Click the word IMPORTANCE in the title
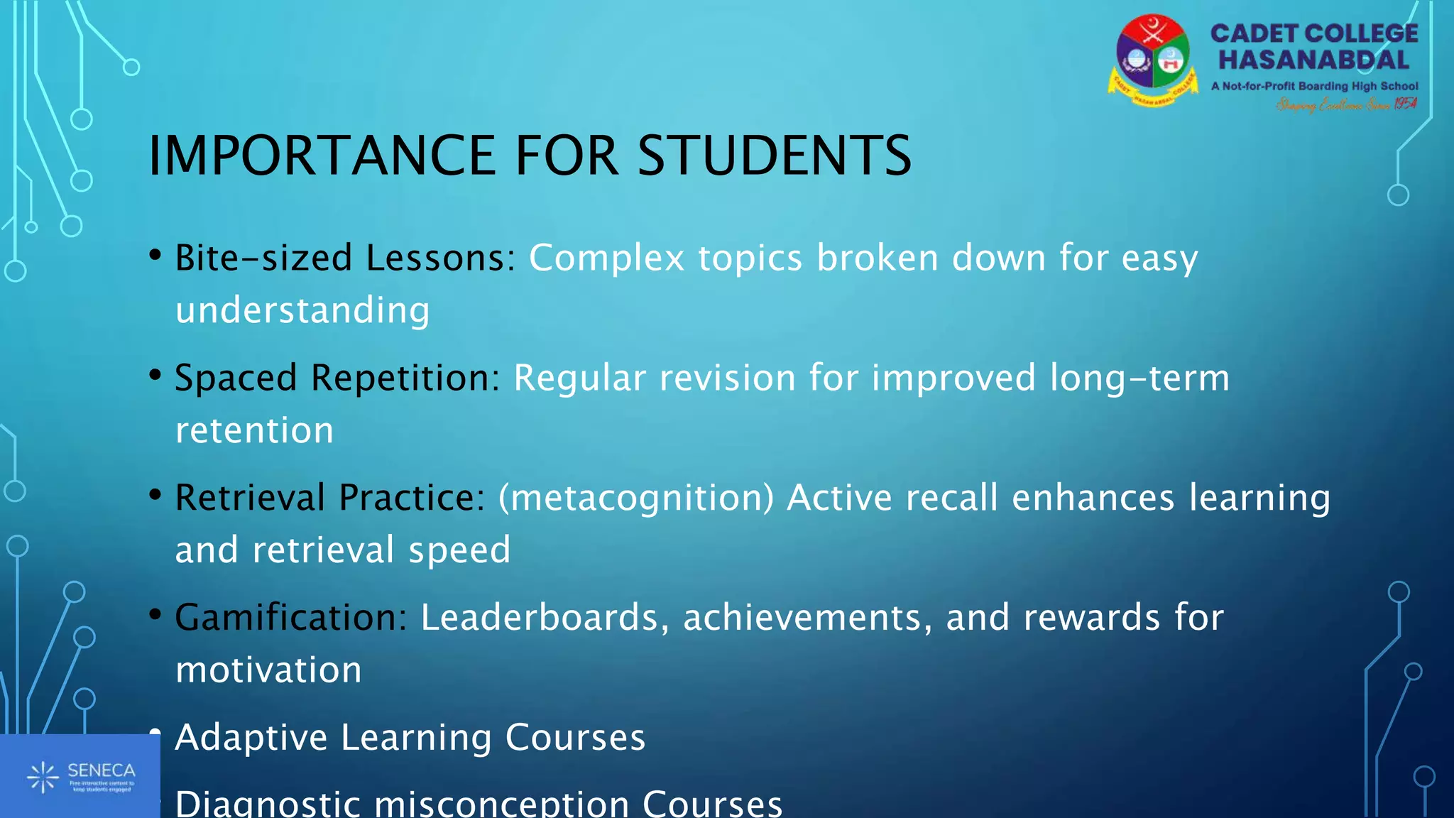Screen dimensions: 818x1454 coord(322,156)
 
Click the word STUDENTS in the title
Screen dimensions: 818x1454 coord(774,156)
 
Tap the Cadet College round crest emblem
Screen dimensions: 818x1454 coord(1152,60)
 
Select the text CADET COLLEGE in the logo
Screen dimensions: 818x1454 coord(1314,33)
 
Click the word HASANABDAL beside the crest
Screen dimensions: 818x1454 coord(1314,60)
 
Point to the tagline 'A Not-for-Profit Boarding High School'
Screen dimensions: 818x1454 coord(1314,86)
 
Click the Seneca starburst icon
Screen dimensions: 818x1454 coord(43,777)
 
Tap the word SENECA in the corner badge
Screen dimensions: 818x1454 coord(101,770)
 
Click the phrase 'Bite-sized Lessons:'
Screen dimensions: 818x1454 coord(346,258)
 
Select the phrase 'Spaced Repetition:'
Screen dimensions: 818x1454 coord(338,378)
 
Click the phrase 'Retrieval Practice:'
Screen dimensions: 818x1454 coord(330,498)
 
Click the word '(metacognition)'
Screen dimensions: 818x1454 coord(636,498)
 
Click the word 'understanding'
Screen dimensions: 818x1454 coord(302,311)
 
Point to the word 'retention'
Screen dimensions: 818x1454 coord(254,431)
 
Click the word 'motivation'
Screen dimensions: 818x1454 coord(268,670)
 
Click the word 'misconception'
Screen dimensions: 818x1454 coord(501,804)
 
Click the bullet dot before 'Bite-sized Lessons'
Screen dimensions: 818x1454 coord(155,256)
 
